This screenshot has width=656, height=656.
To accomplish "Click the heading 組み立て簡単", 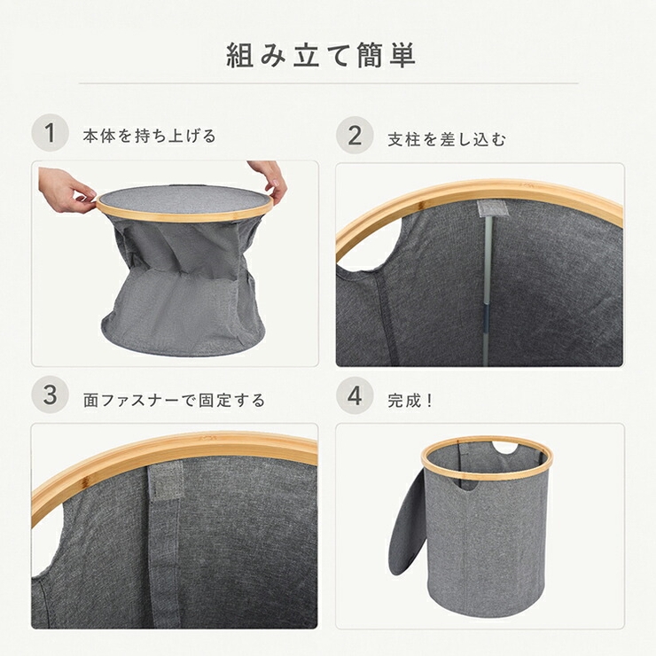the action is point(321,55).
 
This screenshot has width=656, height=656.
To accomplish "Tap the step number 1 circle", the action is point(51,133).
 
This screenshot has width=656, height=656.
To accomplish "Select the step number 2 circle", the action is point(355,136).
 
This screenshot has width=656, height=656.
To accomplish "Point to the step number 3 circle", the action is point(51,394).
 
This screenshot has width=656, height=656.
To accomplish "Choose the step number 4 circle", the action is point(355,395).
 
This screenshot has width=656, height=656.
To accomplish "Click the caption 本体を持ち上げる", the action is point(149,137).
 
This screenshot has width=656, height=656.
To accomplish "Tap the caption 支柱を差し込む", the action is point(447,139).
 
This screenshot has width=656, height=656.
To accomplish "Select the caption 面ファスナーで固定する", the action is point(174,401).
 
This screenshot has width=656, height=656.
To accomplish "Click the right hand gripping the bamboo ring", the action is point(269,179).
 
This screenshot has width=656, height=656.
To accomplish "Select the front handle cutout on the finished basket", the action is point(469,485).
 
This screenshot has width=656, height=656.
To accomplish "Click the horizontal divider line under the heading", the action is point(329,83).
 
